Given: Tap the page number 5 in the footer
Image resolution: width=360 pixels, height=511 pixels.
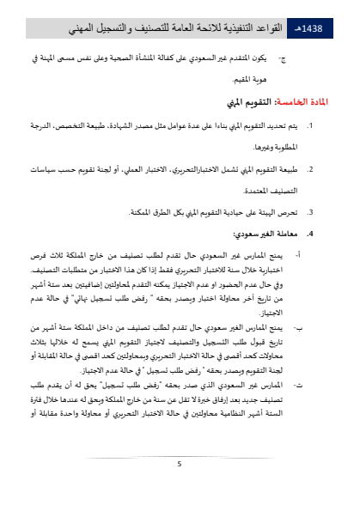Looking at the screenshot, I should (x=180, y=465).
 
